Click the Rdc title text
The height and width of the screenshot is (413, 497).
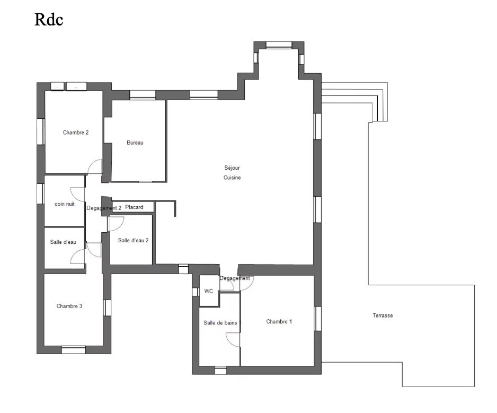(49, 19)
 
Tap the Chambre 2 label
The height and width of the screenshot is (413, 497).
(76, 133)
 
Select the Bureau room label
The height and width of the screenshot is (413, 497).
(135, 143)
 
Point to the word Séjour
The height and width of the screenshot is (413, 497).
(232, 168)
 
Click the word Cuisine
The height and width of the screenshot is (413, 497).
(232, 178)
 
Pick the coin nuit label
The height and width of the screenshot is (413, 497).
(65, 204)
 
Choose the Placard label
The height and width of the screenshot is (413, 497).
(134, 207)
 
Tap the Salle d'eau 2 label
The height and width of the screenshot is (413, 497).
(133, 241)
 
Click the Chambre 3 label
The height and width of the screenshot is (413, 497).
(69, 306)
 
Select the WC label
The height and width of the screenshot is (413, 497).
(209, 291)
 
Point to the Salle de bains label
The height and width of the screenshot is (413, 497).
(220, 323)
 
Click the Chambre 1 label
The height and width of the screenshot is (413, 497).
(279, 322)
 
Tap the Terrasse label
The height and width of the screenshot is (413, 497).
(383, 315)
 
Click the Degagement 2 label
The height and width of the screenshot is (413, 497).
(104, 208)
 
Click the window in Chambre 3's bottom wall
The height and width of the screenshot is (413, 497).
(74, 350)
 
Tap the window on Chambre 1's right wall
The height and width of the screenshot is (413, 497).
(317, 319)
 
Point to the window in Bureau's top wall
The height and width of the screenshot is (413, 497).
(143, 95)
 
